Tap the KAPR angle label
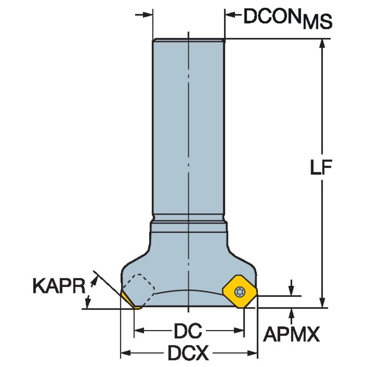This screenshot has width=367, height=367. click(x=58, y=286)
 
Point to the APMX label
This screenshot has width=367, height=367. click(x=291, y=334)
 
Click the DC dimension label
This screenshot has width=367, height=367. click(x=188, y=331)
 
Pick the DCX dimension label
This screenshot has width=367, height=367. click(x=188, y=354)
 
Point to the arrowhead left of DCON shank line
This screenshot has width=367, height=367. click(x=148, y=15)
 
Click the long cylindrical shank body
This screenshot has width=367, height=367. click(x=188, y=129)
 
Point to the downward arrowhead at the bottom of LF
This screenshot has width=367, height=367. click(x=321, y=303)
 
